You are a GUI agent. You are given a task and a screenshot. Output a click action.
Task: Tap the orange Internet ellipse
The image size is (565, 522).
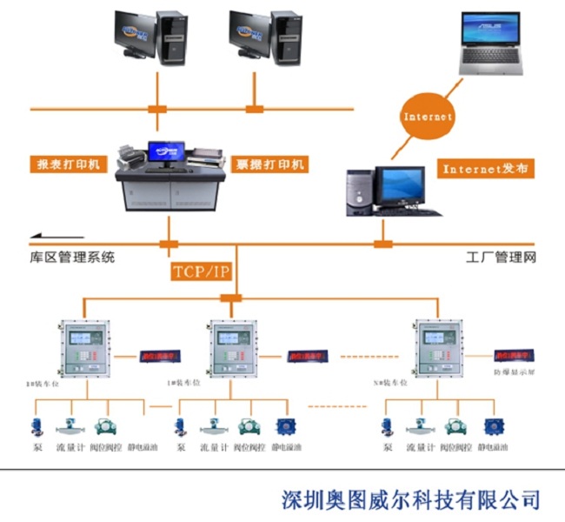(x=428, y=116)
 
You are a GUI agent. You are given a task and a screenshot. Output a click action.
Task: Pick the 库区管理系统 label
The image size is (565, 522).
(x=71, y=258)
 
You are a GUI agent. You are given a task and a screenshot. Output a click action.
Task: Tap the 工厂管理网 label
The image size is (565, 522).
(x=502, y=258)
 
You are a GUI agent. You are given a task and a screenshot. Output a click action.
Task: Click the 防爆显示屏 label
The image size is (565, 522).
(x=513, y=372)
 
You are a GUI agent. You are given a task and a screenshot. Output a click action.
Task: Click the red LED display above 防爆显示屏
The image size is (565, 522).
(x=513, y=356)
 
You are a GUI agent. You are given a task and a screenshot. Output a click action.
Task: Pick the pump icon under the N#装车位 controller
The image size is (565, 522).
(x=388, y=426)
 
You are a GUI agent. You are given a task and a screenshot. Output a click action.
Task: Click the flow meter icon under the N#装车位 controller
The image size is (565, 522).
(x=420, y=427)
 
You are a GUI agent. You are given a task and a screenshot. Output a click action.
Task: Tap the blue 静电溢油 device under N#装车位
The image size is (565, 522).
(x=493, y=426)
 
